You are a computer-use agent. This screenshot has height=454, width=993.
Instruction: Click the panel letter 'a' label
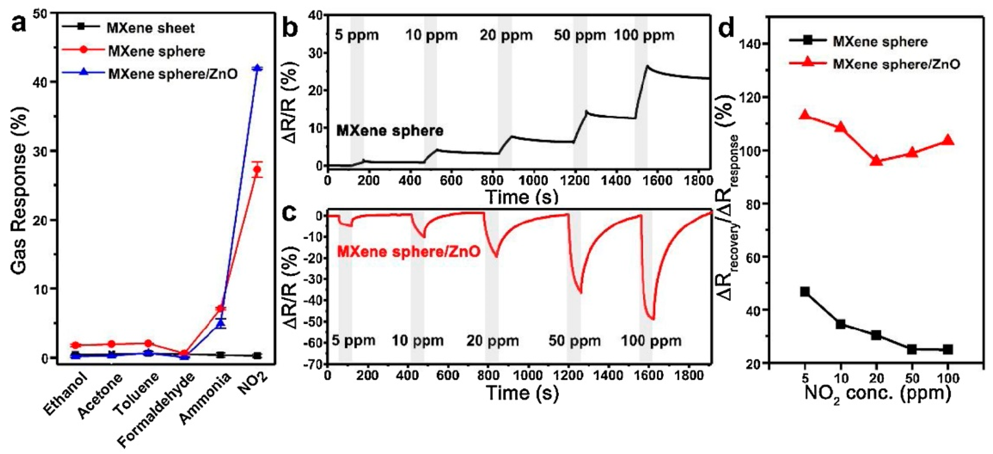click(x=19, y=24)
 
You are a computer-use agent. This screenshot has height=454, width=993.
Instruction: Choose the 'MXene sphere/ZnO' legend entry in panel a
click(x=173, y=74)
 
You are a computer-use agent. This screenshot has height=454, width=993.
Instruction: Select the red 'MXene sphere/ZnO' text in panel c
click(x=409, y=252)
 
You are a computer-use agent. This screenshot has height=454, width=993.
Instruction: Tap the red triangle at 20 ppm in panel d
click(x=877, y=160)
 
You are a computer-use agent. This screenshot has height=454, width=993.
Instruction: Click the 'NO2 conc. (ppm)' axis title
click(x=877, y=394)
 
